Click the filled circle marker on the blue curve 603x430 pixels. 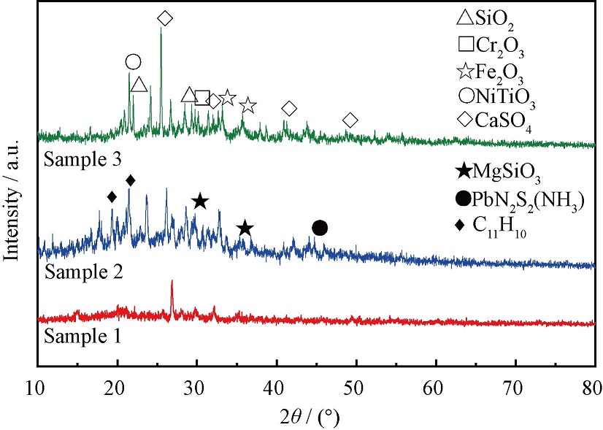click(320, 229)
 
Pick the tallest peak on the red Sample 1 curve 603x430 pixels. click(172, 282)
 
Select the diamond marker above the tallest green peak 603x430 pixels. click(165, 18)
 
